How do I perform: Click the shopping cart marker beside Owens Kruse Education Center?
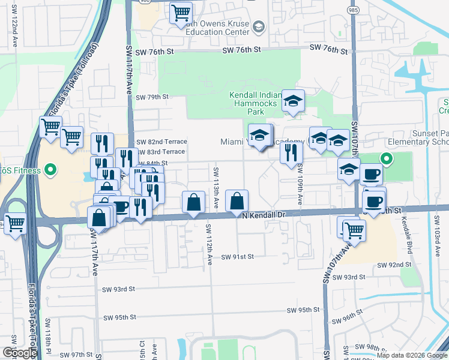point(181,13)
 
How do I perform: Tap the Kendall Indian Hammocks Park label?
point(256,103)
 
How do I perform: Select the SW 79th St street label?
point(152,97)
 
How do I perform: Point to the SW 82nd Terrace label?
point(161,142)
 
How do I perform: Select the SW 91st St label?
point(238,257)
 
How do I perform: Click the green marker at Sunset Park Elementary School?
point(387,160)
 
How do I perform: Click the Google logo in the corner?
point(20,353)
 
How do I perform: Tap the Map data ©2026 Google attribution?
point(411,355)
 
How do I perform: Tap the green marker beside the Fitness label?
point(50,170)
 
